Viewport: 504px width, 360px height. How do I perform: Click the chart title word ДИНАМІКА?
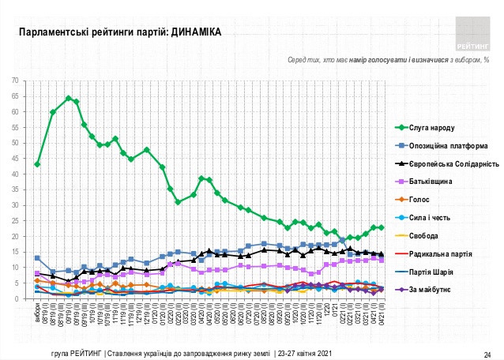[194, 32]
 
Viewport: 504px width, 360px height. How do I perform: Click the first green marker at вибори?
[37, 164]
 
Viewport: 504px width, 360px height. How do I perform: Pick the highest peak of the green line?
[69, 99]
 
